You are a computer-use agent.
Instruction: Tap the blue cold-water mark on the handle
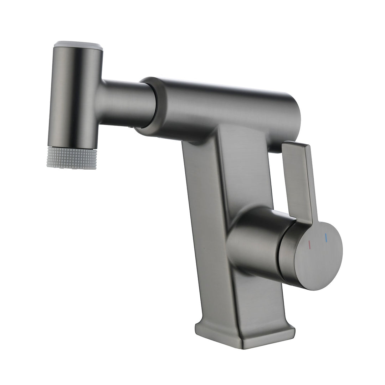pos(325,238)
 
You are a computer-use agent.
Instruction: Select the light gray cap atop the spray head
pos(78,46)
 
